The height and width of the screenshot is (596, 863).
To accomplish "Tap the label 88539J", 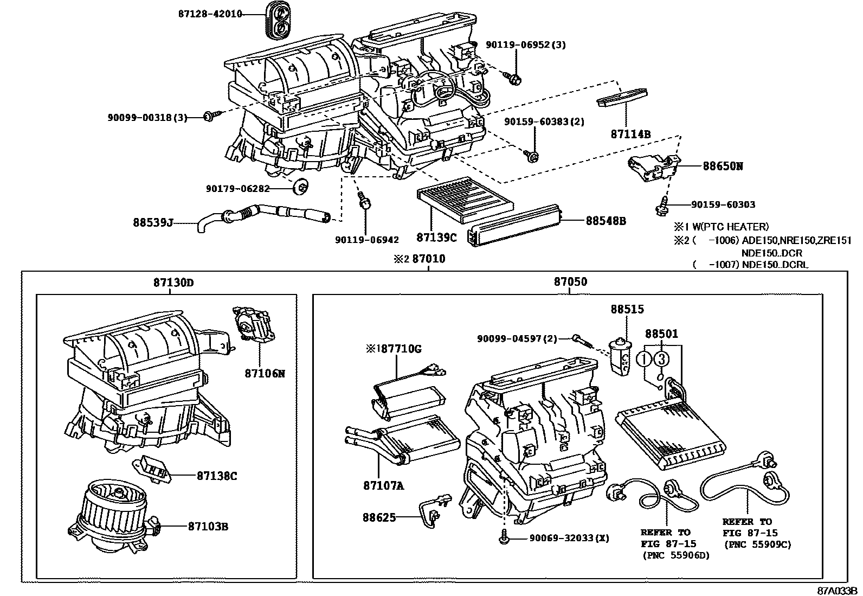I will [153, 222].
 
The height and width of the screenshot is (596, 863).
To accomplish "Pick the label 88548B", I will [606, 221].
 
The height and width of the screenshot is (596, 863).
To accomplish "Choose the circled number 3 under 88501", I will [661, 358].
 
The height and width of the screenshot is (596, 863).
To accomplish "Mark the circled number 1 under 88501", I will [644, 358].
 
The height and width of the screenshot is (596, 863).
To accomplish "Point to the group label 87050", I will [570, 282].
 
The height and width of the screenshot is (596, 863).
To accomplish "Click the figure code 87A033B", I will [838, 590].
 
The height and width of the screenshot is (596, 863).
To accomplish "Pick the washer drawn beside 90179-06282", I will [299, 188].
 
